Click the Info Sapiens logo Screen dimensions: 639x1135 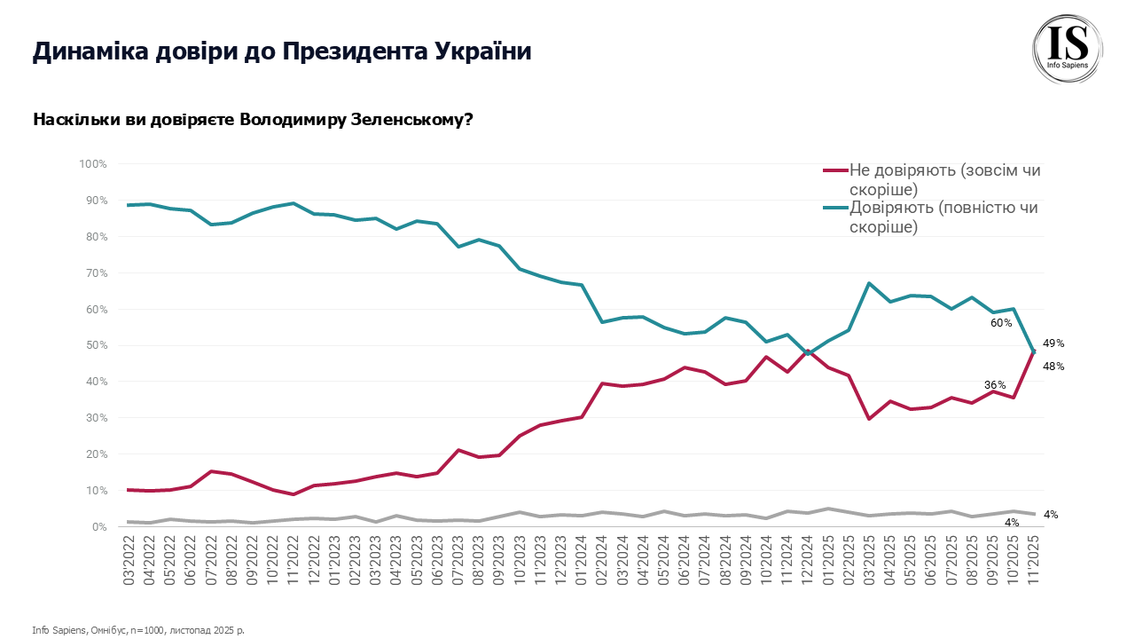pos(1068,51)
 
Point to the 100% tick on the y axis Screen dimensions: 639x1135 pos(93,164)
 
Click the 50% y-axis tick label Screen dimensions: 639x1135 pos(95,345)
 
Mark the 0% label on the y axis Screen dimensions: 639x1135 pos(98,526)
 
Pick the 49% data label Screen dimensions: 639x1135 pos(1053,343)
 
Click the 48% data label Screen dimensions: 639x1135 pos(1053,367)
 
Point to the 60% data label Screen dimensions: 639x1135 pos(1001,323)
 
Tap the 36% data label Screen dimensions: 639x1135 pos(995,384)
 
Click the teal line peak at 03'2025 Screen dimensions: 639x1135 pos(869,283)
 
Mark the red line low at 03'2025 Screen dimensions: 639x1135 pos(869,419)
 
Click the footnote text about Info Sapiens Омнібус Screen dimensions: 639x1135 pos(137,630)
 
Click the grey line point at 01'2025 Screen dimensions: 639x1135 pos(828,509)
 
